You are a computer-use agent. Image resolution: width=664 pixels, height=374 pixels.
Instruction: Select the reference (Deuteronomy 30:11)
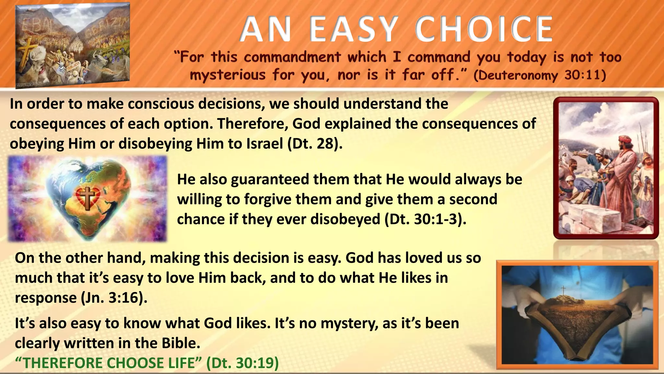tap(539, 75)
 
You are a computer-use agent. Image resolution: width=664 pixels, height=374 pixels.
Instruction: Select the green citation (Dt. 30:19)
tap(243, 363)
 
